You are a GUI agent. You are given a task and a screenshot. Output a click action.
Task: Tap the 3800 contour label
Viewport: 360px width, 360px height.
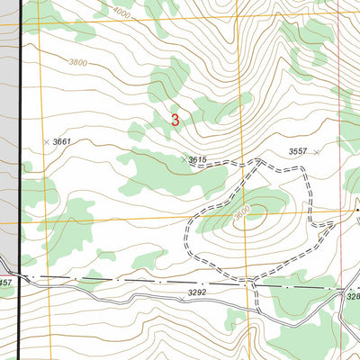coord(78,63)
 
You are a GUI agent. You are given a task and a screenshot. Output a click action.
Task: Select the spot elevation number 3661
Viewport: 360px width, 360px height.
coord(61,142)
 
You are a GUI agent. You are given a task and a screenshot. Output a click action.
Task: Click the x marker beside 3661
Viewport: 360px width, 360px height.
coord(46,142)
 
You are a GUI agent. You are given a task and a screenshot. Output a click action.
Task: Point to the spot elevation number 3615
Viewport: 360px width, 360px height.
coord(199,159)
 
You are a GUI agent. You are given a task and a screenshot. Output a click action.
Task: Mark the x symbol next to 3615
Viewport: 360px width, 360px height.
coord(184,159)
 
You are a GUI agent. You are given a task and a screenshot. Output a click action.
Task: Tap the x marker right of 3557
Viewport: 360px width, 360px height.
coord(317,152)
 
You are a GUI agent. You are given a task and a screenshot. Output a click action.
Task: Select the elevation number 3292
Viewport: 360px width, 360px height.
coord(197,292)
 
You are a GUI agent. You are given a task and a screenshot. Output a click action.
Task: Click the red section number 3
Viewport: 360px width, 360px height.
coord(175,119)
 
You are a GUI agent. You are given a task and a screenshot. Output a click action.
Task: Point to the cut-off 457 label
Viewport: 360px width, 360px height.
coord(5,283)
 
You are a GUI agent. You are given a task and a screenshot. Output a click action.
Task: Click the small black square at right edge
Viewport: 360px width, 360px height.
coord(356,211)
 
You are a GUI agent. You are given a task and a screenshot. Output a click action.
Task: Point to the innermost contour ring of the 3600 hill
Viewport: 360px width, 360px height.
coord(245,220)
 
